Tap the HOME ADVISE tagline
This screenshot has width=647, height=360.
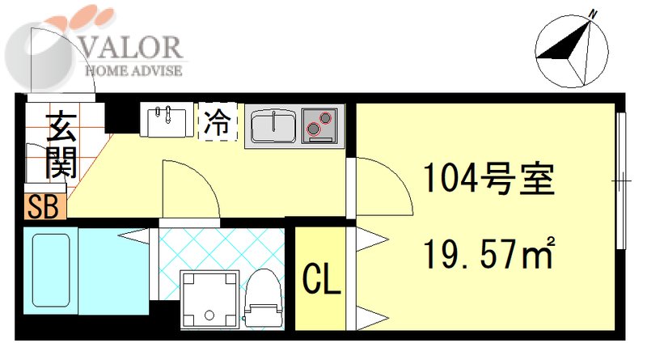134,70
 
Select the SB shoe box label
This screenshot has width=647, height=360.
40,208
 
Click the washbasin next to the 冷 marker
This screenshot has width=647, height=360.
168,122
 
